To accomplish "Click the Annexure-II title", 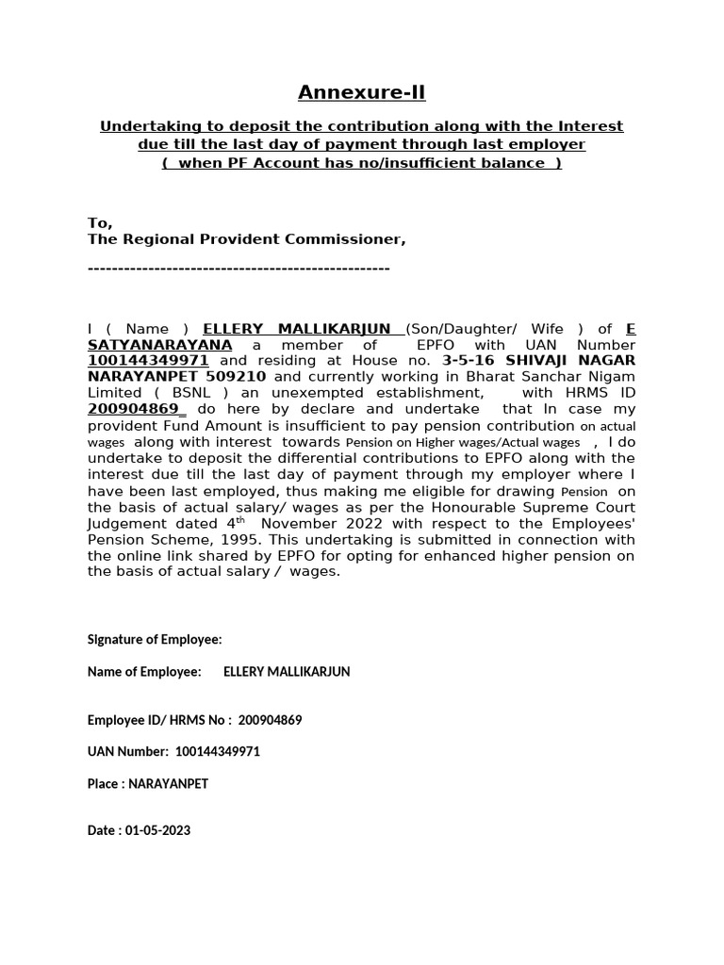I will (362, 92).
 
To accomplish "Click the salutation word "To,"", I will (100, 223).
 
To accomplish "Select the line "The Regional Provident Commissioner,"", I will (246, 239).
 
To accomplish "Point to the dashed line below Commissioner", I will (239, 270).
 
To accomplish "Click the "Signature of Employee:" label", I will (155, 640).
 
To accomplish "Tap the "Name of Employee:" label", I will (144, 672).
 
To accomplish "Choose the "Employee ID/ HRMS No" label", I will (156, 720).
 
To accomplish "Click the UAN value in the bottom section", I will (218, 752).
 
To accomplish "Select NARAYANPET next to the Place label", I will (166, 784).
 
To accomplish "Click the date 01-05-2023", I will (156, 831).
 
